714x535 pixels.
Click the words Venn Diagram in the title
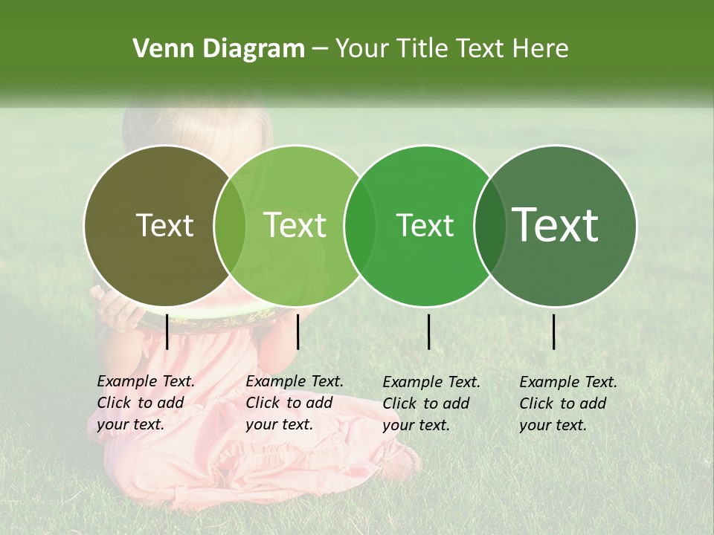[x=219, y=48]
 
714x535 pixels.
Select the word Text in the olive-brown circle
[x=164, y=225]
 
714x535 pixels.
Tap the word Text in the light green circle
[x=295, y=225]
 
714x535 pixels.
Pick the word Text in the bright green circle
[x=425, y=225]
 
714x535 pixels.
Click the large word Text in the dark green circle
[x=556, y=225]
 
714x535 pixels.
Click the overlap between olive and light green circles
[x=230, y=225]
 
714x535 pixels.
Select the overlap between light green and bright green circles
[x=360, y=225]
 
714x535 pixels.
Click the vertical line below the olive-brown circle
[x=167, y=331]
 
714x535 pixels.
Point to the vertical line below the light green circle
[x=297, y=331]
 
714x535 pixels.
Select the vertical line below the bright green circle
[x=428, y=331]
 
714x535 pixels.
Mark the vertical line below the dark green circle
[x=553, y=331]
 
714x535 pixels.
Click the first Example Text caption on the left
[x=145, y=402]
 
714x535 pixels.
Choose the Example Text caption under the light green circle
[x=294, y=402]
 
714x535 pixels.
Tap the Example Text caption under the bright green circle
[x=431, y=403]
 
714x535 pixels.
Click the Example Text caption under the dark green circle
[x=567, y=403]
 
